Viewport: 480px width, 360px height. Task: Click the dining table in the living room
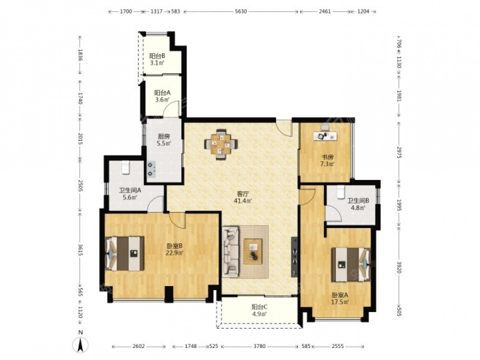pyautogui.click(x=221, y=144)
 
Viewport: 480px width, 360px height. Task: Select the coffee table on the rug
pyautogui.click(x=253, y=252)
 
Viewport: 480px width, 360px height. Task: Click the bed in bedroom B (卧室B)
pyautogui.click(x=125, y=253)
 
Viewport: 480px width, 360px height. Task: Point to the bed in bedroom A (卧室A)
pyautogui.click(x=351, y=264)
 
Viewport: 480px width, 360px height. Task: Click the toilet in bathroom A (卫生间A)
pyautogui.click(x=126, y=168)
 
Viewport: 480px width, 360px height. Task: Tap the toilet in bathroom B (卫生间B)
pyautogui.click(x=341, y=192)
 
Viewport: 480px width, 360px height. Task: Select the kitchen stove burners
pyautogui.click(x=151, y=169)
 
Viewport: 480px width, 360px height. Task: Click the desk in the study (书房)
pyautogui.click(x=325, y=136)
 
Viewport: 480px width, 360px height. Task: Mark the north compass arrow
pyautogui.click(x=81, y=345)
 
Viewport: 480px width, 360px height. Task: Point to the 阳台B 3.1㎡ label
pyautogui.click(x=157, y=60)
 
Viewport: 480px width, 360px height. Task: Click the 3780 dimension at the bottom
pyautogui.click(x=259, y=347)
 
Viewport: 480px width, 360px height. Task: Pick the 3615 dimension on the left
pyautogui.click(x=81, y=250)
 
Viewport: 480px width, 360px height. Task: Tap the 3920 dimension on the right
pyautogui.click(x=399, y=267)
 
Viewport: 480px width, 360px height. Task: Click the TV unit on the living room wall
pyautogui.click(x=295, y=257)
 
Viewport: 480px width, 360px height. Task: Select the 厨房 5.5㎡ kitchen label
pyautogui.click(x=164, y=140)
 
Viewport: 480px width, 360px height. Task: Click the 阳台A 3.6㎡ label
pyautogui.click(x=162, y=96)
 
